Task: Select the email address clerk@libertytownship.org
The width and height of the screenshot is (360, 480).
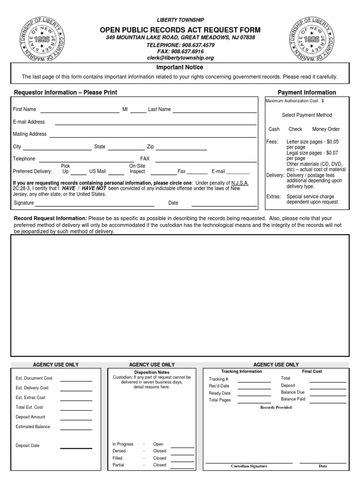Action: click(x=180, y=58)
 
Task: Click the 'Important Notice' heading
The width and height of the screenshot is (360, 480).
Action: click(x=180, y=67)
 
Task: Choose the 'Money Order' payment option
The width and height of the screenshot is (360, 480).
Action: click(x=326, y=129)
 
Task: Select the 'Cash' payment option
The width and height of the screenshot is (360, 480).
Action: click(x=274, y=129)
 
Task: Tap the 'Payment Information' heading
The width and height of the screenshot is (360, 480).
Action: click(x=307, y=93)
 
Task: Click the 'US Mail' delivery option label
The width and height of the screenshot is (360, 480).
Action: click(x=97, y=172)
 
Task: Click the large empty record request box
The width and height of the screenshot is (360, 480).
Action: click(x=180, y=295)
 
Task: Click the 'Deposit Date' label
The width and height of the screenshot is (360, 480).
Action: click(x=28, y=446)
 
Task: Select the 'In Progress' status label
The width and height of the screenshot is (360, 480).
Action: click(x=123, y=444)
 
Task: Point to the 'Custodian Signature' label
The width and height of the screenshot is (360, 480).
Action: click(x=249, y=466)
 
